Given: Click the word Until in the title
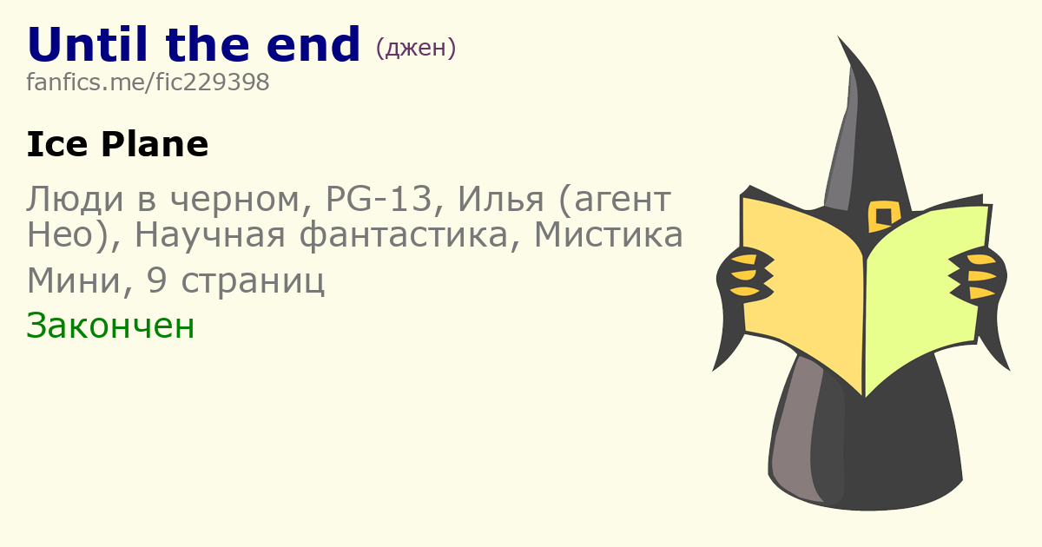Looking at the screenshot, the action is (88, 44).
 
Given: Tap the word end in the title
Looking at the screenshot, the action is (313, 44).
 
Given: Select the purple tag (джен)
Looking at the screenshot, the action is (415, 48).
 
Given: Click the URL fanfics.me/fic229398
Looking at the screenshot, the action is (148, 82).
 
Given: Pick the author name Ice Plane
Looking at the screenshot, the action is (118, 144).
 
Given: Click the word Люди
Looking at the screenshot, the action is (76, 199).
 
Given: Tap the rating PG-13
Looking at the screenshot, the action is (379, 199).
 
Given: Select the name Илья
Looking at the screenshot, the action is (500, 199).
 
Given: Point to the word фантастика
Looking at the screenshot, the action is (403, 235).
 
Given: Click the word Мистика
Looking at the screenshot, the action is (609, 235).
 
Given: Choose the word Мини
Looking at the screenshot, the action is (76, 281).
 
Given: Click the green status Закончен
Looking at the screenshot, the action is (110, 326).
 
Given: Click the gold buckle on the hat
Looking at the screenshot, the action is (883, 216).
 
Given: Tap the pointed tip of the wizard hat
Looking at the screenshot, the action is (839, 36).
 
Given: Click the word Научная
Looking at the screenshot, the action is (210, 235).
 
